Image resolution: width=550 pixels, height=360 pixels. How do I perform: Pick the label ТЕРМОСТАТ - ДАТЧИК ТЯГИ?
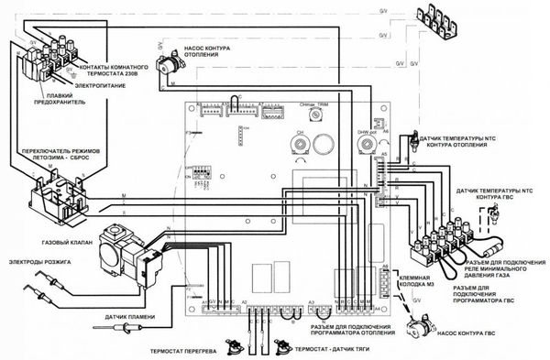tap(333, 349)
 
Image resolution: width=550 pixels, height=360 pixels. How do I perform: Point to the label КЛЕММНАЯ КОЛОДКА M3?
tap(431, 274)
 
